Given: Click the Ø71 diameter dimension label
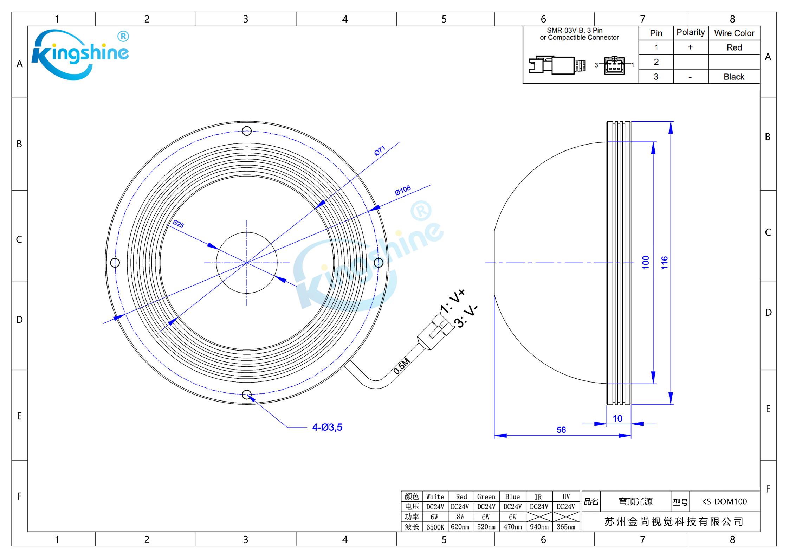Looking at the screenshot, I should pyautogui.click(x=380, y=151).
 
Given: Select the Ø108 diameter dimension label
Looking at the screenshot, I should pyautogui.click(x=403, y=190).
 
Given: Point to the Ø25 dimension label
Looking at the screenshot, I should pyautogui.click(x=179, y=224).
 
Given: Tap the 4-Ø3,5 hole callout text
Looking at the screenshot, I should pyautogui.click(x=327, y=427).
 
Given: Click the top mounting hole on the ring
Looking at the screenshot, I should pyautogui.click(x=247, y=131).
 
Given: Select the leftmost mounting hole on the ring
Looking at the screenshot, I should pyautogui.click(x=115, y=263).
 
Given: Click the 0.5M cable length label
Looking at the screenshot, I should pyautogui.click(x=402, y=366).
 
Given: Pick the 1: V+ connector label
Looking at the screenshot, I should pyautogui.click(x=453, y=301).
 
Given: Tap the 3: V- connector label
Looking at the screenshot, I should pyautogui.click(x=466, y=316).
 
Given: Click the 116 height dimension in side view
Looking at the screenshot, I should pyautogui.click(x=664, y=263).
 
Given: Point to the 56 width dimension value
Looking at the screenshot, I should pyautogui.click(x=561, y=430).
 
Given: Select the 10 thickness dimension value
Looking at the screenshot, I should pyautogui.click(x=617, y=418).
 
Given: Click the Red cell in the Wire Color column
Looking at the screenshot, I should pyautogui.click(x=734, y=47).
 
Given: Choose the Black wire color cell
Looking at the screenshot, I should pyautogui.click(x=734, y=77).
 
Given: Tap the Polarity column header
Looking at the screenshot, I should pyautogui.click(x=691, y=33).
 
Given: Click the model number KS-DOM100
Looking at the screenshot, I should pyautogui.click(x=724, y=501).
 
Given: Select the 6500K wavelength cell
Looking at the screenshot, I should pyautogui.click(x=435, y=527).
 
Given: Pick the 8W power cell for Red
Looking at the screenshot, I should pyautogui.click(x=460, y=517).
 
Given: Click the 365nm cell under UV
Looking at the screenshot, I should pyautogui.click(x=566, y=527).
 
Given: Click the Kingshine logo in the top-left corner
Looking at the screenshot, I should pyautogui.click(x=80, y=54).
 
